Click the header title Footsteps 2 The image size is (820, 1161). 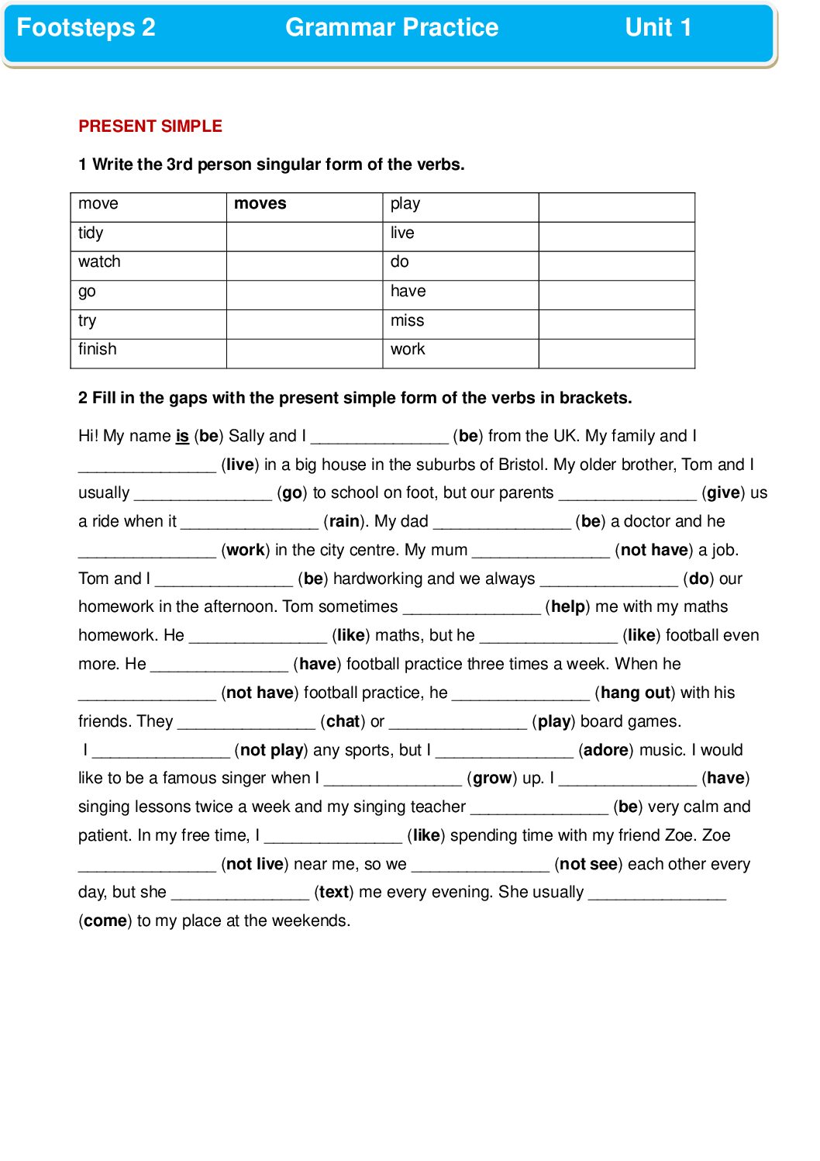pos(86,28)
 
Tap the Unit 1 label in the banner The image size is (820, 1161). pos(658,28)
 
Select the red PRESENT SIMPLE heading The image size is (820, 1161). pos(150,126)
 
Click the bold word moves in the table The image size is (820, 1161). pos(260,204)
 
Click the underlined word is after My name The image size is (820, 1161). pos(182,436)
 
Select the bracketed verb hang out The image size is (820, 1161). pos(636,693)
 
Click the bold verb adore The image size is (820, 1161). pos(605,750)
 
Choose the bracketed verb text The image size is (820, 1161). pos(334,892)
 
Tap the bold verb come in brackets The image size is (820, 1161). pos(105,921)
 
